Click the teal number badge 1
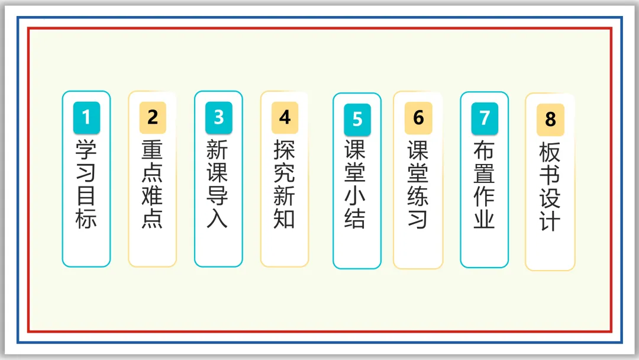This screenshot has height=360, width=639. [x=86, y=117]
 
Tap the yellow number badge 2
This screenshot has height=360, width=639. [x=153, y=117]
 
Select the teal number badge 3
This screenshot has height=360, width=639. [x=219, y=117]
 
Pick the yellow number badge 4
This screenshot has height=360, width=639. [x=285, y=117]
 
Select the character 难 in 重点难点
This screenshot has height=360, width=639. [x=153, y=195]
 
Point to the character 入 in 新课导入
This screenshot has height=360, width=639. [x=219, y=218]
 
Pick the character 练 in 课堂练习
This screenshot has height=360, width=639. [x=418, y=196]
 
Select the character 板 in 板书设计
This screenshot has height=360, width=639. [x=550, y=152]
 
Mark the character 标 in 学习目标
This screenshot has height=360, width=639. [x=86, y=218]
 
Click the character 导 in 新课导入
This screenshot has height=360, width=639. [x=219, y=195]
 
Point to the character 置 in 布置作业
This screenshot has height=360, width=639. [x=485, y=173]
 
